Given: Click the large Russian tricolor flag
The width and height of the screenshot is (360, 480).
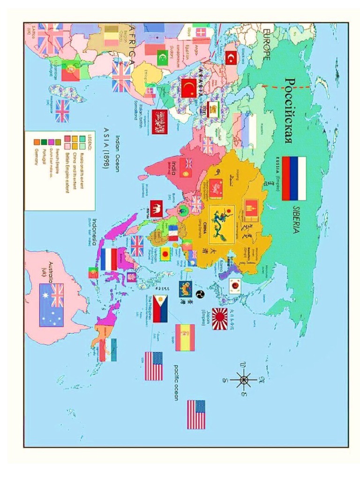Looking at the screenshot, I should (294, 179).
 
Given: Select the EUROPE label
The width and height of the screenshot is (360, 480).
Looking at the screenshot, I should (266, 45).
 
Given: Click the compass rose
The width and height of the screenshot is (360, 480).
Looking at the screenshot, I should (244, 379).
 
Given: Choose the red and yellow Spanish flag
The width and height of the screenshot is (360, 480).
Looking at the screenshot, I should (185, 337).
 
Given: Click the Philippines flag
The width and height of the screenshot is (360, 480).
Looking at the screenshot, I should (160, 309).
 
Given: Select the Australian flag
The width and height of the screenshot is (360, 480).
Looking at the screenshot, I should (51, 305).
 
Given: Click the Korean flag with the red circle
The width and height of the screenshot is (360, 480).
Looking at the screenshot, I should (234, 285).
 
